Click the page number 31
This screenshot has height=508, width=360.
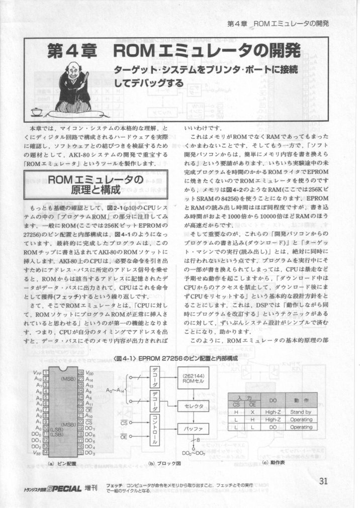click(323, 480)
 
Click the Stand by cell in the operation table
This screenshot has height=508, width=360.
click(301, 412)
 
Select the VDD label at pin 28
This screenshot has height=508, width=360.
click(90, 373)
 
